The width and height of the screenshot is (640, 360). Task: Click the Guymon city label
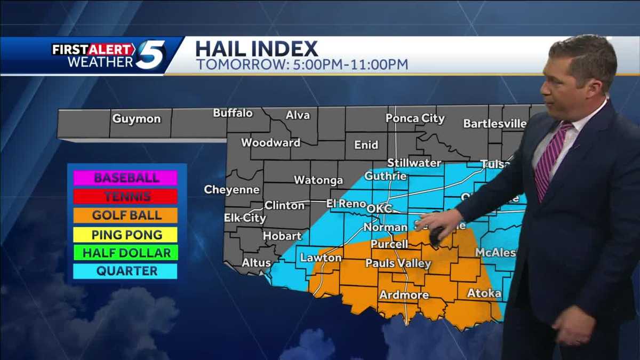[136, 119]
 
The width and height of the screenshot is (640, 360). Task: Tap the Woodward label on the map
[270, 143]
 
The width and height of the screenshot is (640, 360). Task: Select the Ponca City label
[415, 118]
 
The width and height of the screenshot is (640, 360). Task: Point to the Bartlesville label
[495, 124]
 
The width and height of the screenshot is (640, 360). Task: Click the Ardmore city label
[404, 295]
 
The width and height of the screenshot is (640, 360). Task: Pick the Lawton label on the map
[321, 258]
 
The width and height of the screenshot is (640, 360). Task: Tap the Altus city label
[257, 262]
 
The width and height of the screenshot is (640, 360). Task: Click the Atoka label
[484, 293]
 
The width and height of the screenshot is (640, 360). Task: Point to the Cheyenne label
[231, 190]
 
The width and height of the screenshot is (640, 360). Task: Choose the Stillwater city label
[414, 163]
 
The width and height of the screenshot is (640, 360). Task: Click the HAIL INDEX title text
[257, 49]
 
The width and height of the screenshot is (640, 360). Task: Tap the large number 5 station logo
[150, 55]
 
